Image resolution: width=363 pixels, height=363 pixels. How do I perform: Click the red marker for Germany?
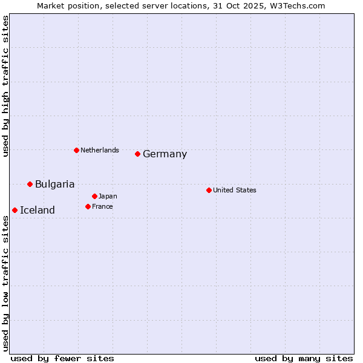tap(137, 154)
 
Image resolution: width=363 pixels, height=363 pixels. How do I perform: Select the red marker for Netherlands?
tap(76, 150)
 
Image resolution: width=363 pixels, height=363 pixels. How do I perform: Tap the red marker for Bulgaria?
tap(30, 184)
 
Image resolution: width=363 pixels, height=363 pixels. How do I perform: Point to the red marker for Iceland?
tap(15, 210)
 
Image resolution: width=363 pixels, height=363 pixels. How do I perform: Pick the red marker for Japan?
tap(94, 196)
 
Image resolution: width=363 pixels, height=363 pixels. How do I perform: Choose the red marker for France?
tap(88, 206)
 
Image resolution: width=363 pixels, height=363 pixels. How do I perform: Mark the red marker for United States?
tap(209, 190)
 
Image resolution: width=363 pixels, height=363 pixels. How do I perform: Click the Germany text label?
tap(165, 154)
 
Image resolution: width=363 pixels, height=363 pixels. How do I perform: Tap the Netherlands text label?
tap(99, 151)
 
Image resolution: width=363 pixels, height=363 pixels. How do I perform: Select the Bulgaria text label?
tap(54, 185)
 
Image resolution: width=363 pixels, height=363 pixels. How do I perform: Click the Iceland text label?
tap(37, 211)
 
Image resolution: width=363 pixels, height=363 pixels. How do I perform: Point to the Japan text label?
tap(108, 197)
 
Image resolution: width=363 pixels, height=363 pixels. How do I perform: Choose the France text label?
tap(102, 207)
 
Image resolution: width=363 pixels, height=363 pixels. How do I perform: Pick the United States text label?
tap(234, 191)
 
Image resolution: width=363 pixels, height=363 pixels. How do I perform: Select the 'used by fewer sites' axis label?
tap(62, 358)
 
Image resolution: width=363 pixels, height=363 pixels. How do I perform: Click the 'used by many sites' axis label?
tap(304, 358)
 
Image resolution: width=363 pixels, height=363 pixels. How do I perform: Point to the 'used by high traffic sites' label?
tap(6, 87)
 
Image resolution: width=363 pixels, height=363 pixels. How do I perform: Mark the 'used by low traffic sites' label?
tap(6, 283)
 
